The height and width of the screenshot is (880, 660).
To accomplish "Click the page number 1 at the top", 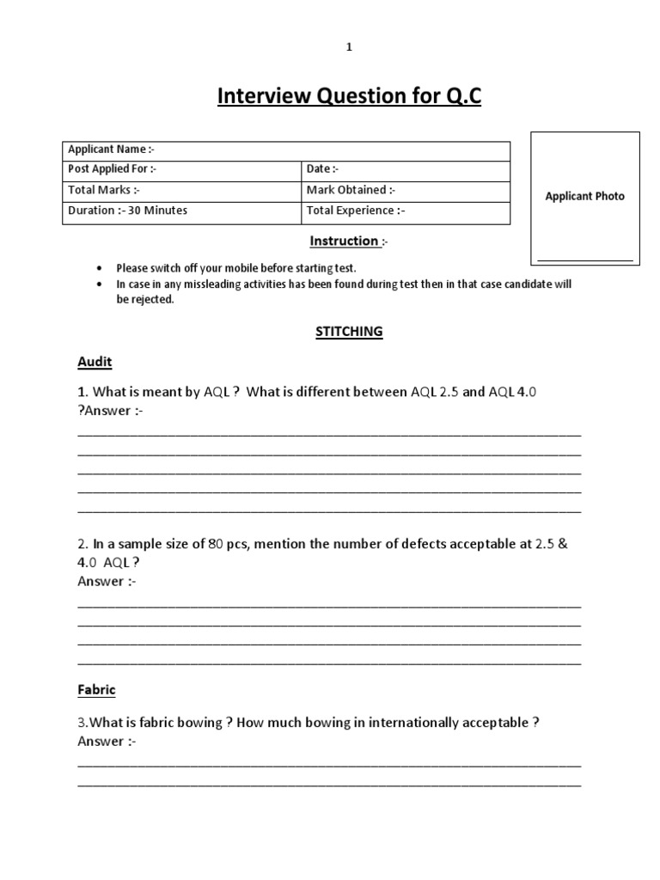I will click(x=349, y=48).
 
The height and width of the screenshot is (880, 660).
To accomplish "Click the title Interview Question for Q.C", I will click(x=349, y=97).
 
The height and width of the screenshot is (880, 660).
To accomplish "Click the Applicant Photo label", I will click(x=584, y=196).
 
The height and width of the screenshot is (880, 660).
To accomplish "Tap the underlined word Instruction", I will click(x=344, y=241).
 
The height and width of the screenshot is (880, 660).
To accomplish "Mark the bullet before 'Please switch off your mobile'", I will click(x=100, y=267).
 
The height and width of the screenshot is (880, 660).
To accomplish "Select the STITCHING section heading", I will click(x=348, y=332).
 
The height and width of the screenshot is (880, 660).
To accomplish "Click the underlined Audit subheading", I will click(x=95, y=362).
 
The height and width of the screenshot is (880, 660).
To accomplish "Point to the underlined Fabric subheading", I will click(x=96, y=689).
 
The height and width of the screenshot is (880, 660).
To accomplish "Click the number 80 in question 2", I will click(x=216, y=543).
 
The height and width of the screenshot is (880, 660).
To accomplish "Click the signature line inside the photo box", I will click(x=584, y=259).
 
